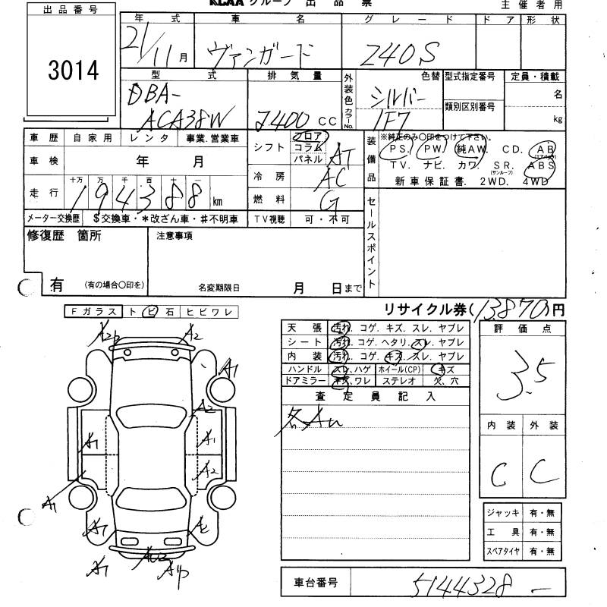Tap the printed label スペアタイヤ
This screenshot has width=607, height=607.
point(503,550)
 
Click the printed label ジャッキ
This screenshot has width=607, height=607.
point(503,514)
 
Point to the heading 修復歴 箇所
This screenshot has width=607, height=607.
point(64,236)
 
